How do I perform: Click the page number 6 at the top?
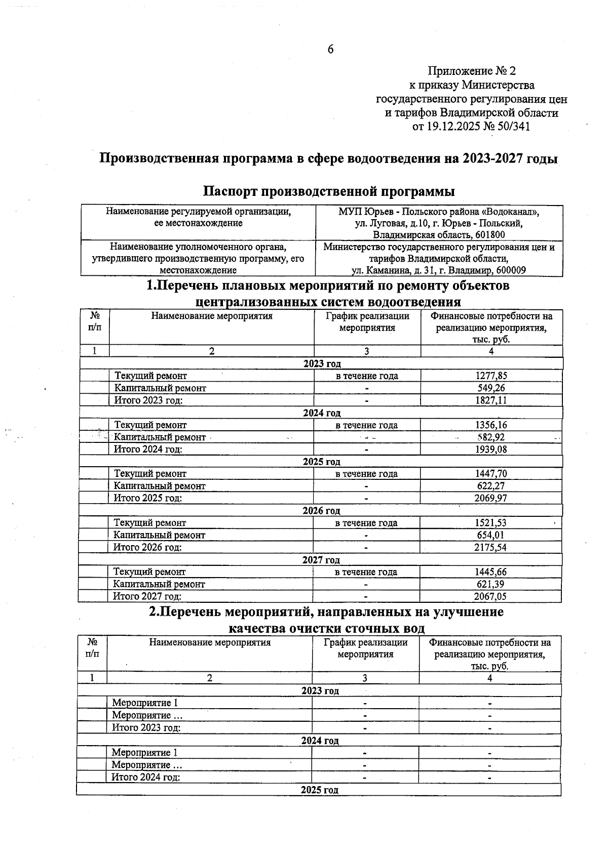tap(330, 49)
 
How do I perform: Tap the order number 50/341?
tap(513, 127)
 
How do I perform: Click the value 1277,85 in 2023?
tap(491, 376)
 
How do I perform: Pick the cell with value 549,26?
tap(491, 388)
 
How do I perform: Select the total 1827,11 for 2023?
tap(491, 400)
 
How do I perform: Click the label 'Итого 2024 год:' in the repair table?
tap(147, 449)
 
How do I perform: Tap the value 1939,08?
tap(490, 449)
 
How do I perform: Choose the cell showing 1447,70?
tap(490, 474)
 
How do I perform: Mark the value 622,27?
tap(490, 486)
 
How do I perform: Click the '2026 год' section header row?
tap(321, 511)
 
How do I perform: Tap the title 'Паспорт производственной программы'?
tap(329, 191)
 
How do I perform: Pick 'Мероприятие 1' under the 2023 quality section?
tap(145, 703)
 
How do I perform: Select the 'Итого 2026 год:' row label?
tap(147, 547)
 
